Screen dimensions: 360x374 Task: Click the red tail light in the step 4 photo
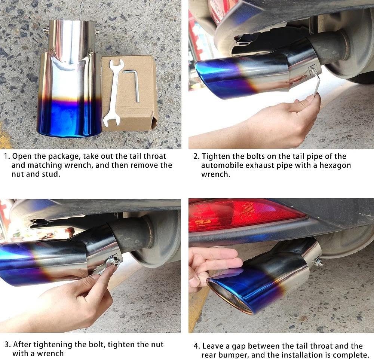[243, 214]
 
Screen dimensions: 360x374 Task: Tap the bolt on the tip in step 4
[319, 263]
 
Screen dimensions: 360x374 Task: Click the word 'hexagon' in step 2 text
[332, 165]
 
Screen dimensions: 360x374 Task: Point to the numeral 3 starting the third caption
[6, 344]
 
